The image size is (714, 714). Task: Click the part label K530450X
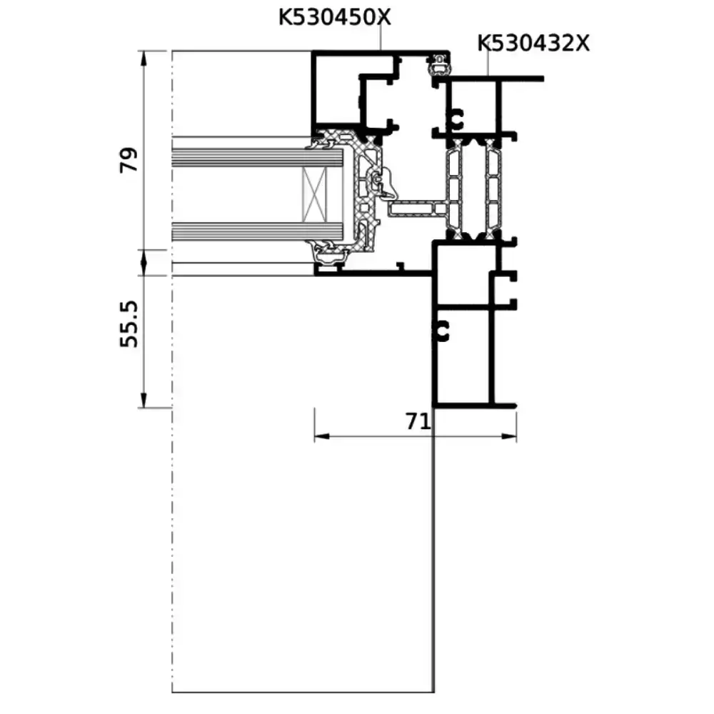tap(335, 18)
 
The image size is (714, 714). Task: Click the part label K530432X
tap(533, 44)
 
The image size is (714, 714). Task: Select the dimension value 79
tap(129, 160)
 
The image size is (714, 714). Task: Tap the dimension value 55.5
tap(129, 323)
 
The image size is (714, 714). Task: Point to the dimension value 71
tap(418, 422)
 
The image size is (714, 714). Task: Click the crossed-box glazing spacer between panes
tap(315, 194)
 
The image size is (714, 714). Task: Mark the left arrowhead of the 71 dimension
tap(321, 436)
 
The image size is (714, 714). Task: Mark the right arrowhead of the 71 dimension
tap(509, 436)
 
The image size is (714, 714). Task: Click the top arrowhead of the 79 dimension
tap(144, 59)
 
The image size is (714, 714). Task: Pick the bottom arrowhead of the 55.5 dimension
tap(144, 400)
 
